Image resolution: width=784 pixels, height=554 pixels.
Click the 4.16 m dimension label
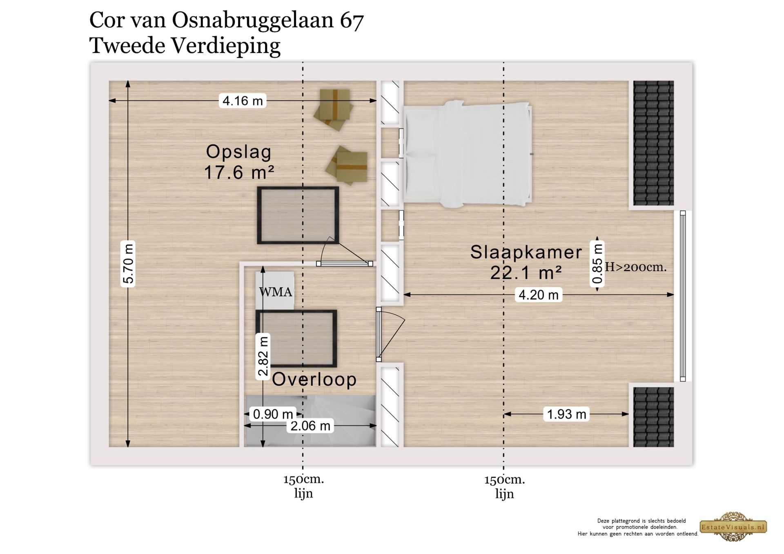243,100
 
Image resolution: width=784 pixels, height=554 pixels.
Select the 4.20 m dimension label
538,295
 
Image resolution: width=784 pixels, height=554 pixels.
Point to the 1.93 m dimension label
566,414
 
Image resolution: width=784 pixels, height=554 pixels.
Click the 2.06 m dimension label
310,426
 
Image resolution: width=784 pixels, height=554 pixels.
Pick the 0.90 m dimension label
273,414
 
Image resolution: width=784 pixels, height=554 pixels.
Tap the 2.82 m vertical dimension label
263,356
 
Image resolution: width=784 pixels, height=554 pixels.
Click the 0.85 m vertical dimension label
597,264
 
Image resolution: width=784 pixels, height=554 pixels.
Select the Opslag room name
238,152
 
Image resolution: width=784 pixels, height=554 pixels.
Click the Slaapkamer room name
526,252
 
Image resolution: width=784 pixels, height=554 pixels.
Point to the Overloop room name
314,379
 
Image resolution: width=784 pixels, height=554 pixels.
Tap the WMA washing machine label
276,292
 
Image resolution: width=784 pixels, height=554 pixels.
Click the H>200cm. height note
635,267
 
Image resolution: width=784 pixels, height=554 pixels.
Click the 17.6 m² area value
238,173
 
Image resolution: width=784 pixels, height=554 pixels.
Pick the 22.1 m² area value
526,273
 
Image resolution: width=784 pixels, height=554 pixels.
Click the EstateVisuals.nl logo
733,527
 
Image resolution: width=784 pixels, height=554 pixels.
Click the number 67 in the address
351,20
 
